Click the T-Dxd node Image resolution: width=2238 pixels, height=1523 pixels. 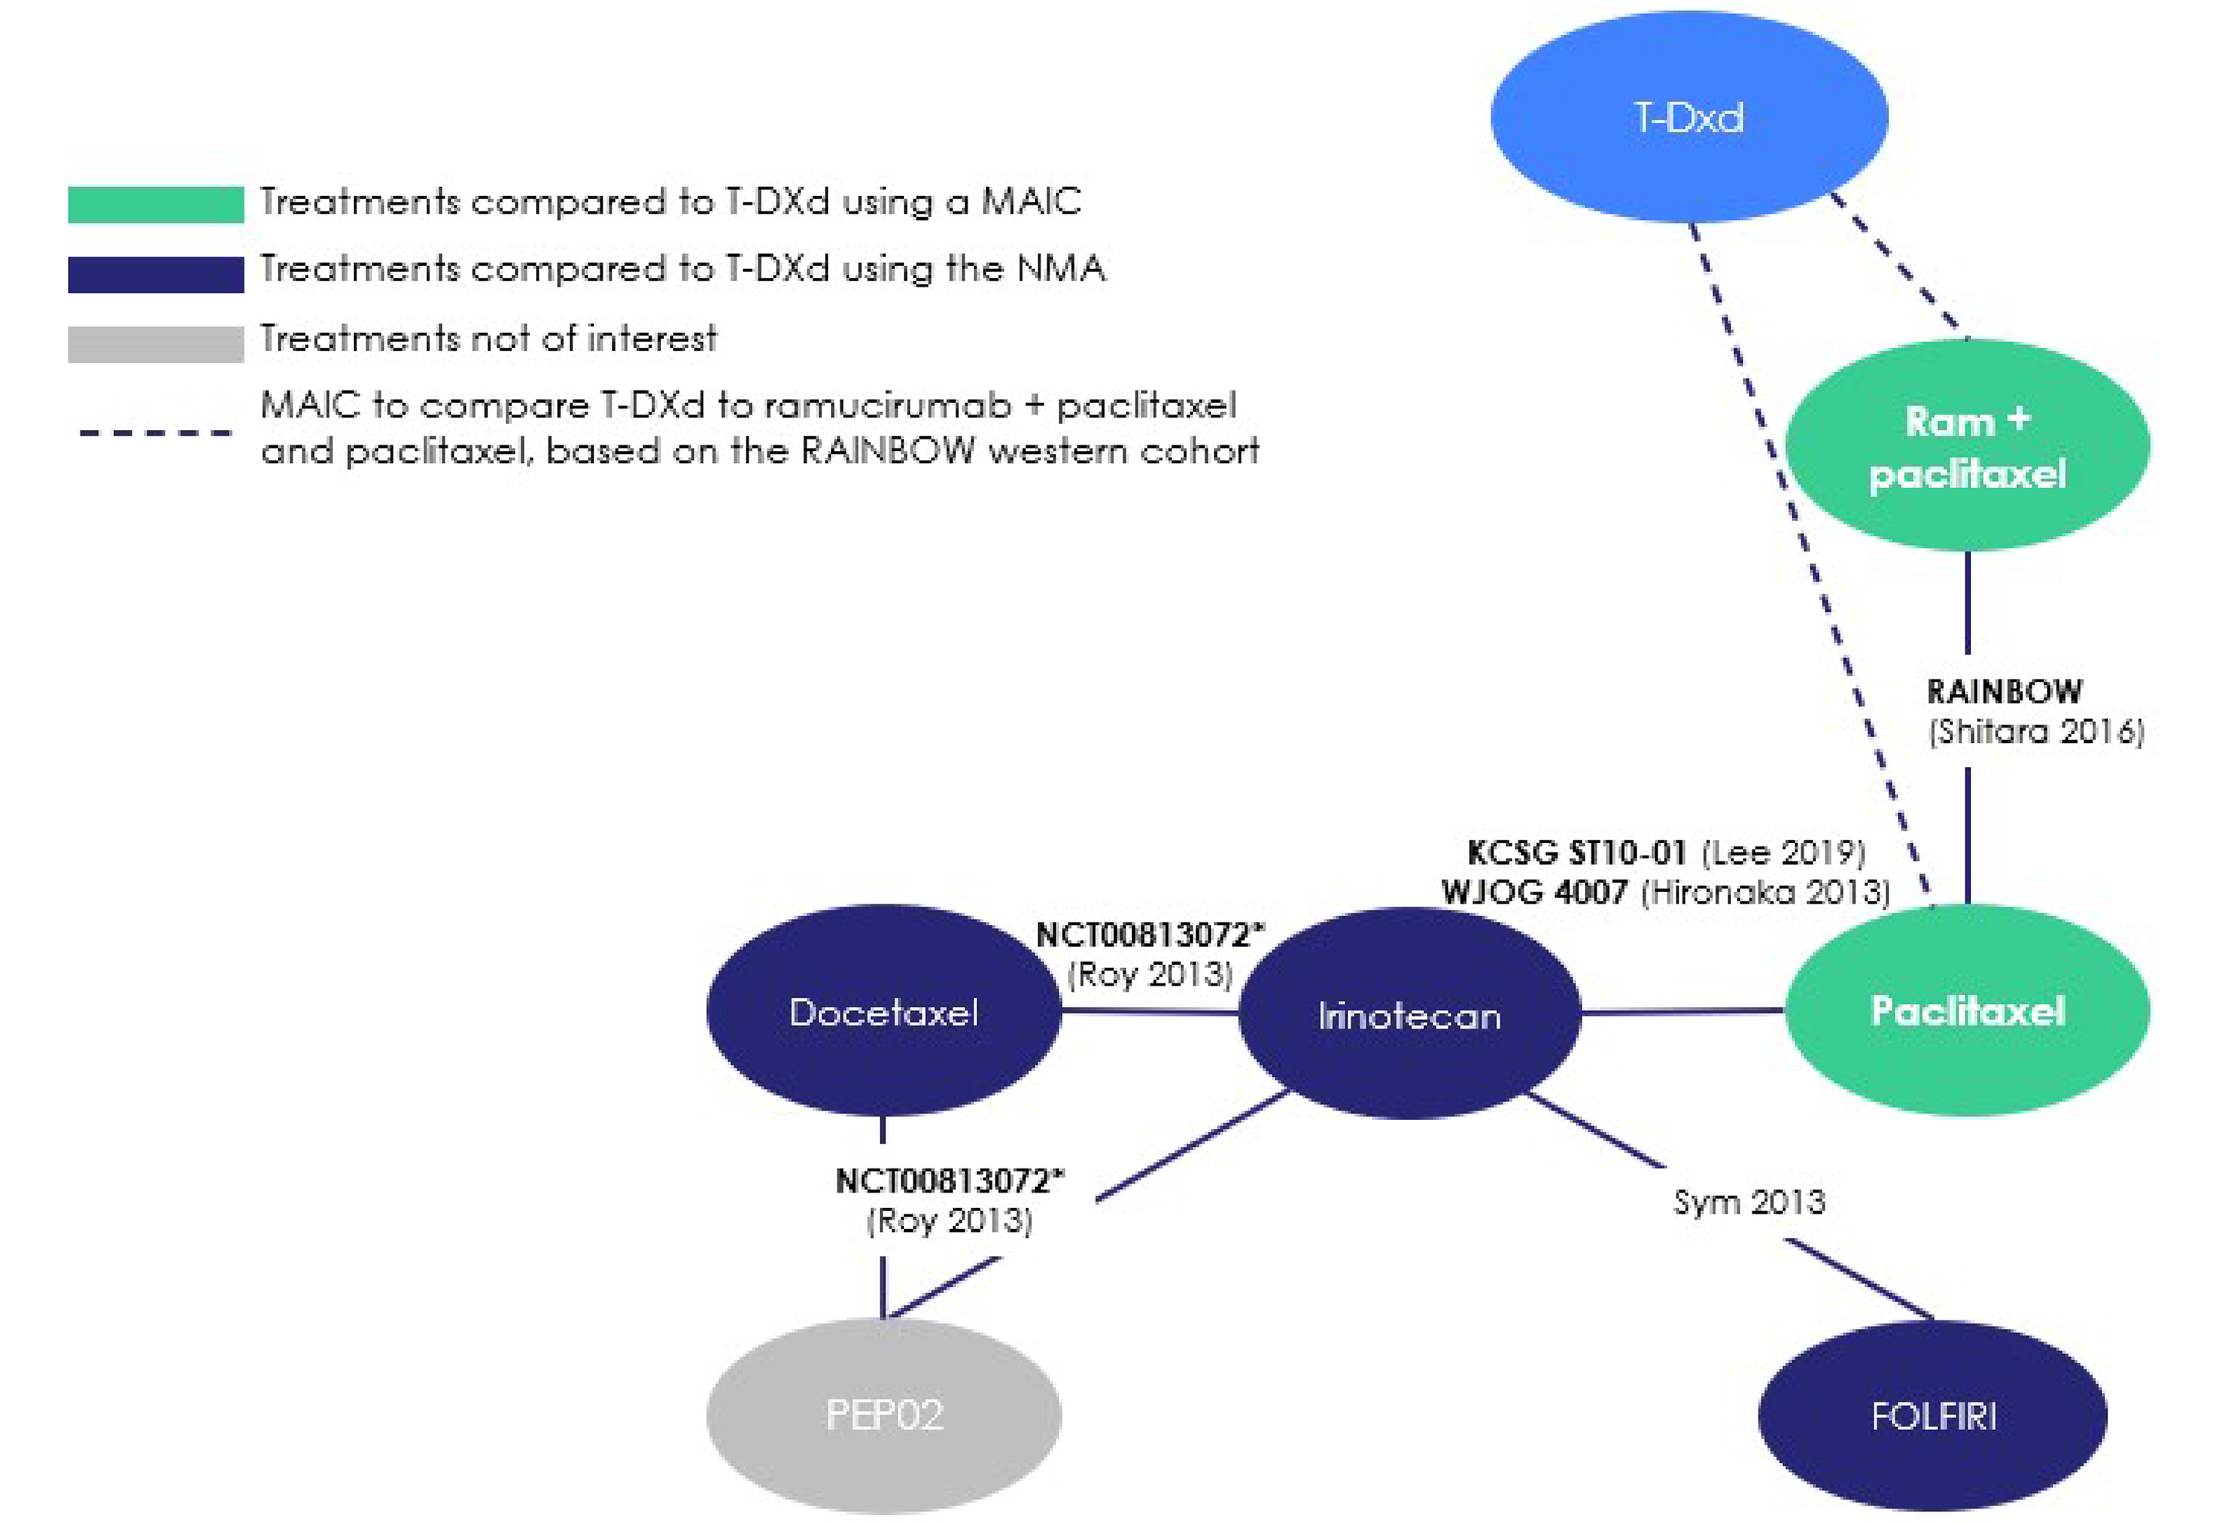[x=1688, y=118]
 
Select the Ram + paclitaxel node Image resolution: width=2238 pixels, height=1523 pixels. [x=1967, y=446]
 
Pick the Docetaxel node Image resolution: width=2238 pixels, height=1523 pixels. [x=883, y=1011]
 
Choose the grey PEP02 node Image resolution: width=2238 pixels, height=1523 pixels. [x=883, y=1414]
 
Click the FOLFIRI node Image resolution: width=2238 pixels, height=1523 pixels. [x=1933, y=1416]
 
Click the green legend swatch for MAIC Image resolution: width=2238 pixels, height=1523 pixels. [x=155, y=204]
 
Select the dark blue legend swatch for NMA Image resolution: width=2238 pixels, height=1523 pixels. [x=155, y=273]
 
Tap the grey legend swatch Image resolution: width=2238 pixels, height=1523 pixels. [x=155, y=344]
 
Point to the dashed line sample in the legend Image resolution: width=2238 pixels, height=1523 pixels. [x=155, y=432]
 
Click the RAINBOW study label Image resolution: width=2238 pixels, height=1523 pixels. [x=2004, y=691]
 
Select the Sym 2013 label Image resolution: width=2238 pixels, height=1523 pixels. [x=1749, y=1201]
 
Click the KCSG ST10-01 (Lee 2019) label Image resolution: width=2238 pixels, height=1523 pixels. [x=1666, y=852]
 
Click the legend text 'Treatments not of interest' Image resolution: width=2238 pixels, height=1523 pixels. [x=489, y=339]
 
